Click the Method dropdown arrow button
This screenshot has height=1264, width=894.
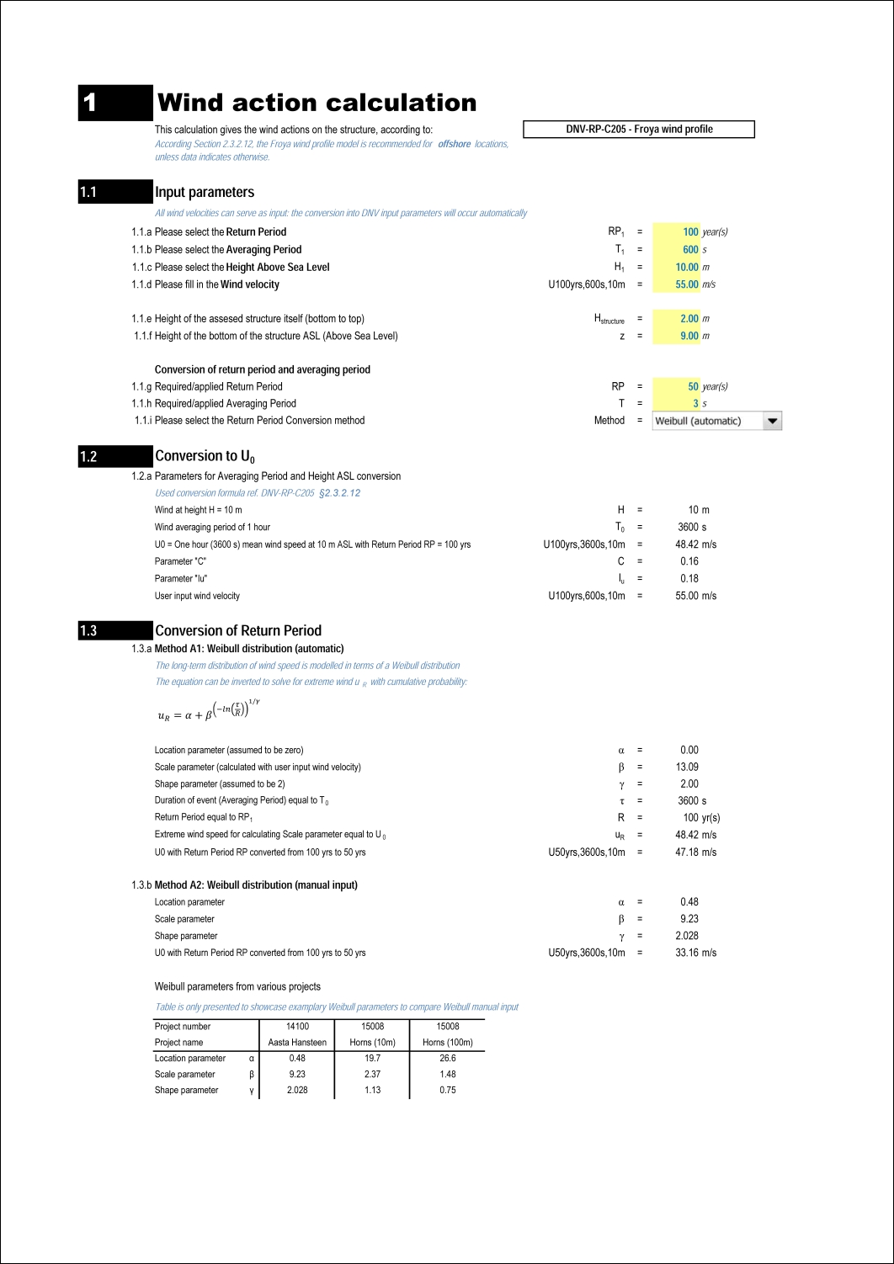point(772,421)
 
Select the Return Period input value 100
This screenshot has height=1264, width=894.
point(690,232)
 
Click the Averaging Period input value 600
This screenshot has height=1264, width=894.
point(690,250)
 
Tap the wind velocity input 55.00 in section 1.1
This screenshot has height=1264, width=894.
point(687,284)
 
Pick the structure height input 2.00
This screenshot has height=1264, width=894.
point(689,319)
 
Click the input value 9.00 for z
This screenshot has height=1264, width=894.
point(689,336)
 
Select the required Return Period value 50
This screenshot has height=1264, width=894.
point(693,387)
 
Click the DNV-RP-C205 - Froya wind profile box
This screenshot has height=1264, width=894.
point(639,130)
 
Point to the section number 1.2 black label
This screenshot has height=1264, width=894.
point(115,457)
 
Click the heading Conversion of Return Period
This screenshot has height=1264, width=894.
point(238,631)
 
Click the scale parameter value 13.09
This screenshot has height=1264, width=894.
point(687,767)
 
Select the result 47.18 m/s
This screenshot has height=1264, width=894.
point(695,852)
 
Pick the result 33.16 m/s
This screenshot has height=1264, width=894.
point(695,953)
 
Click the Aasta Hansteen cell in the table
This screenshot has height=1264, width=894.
point(297,1043)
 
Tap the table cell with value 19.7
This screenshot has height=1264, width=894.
point(372,1059)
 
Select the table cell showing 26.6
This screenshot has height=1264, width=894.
point(448,1059)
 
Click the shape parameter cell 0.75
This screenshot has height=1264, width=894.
point(448,1091)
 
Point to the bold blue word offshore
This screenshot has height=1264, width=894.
point(455,145)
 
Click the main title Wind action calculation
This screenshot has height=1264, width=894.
point(317,103)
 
